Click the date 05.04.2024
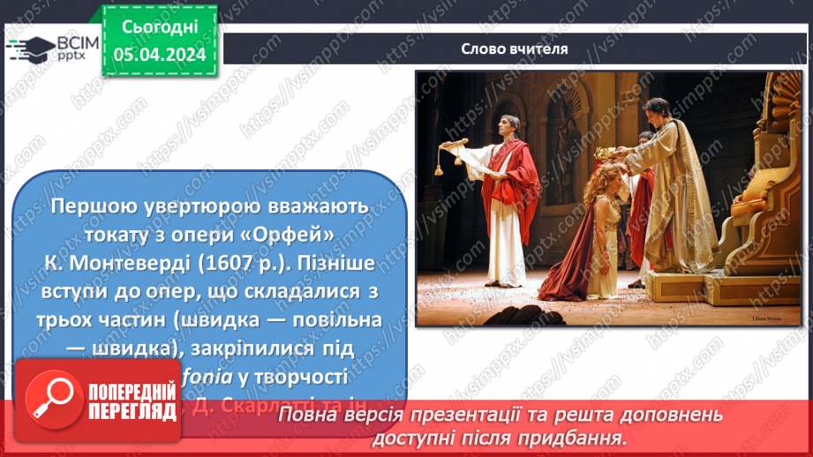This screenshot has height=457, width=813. click(160, 55)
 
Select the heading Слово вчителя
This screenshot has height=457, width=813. click(514, 49)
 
